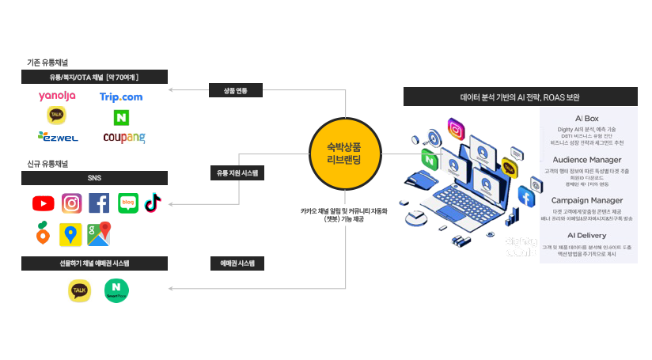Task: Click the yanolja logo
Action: coord(57,97)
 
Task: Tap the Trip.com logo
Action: coord(121,97)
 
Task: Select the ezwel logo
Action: coord(57,138)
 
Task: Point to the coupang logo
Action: coord(123,138)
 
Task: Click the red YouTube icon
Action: coord(44,203)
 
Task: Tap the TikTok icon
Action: coord(153,203)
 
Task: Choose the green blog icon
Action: coord(127,203)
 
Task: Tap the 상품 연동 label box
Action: coord(229,90)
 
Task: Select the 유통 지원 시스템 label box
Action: coord(237,172)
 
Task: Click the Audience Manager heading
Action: coord(586,160)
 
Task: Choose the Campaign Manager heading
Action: coord(586,201)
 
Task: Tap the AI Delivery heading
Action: coord(586,236)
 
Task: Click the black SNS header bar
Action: coord(94,177)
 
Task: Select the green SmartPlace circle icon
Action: coord(116,291)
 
